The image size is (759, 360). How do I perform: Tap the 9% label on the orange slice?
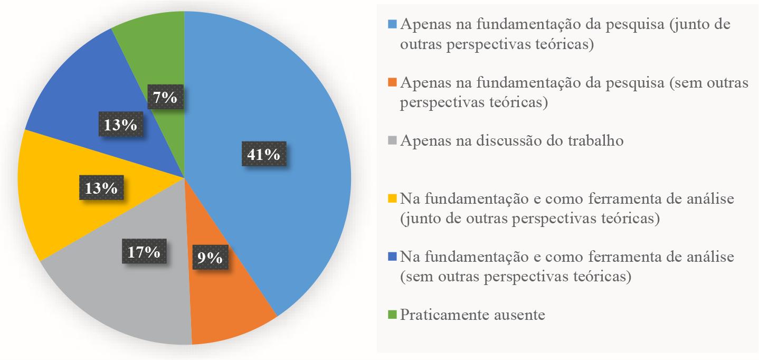tap(210, 258)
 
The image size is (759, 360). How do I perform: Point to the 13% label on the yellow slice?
tap(99, 187)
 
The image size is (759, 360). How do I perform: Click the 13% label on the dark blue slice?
tap(118, 125)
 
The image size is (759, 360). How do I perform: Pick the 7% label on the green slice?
tap(165, 97)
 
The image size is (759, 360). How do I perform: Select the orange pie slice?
tap(232, 306)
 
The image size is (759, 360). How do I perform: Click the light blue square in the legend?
tap(392, 25)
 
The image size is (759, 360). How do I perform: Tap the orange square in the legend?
tap(392, 83)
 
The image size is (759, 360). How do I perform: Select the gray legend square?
tap(392, 141)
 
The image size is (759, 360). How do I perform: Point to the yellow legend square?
tap(392, 199)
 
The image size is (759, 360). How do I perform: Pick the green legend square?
tap(392, 315)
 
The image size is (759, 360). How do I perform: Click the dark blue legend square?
tap(392, 257)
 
